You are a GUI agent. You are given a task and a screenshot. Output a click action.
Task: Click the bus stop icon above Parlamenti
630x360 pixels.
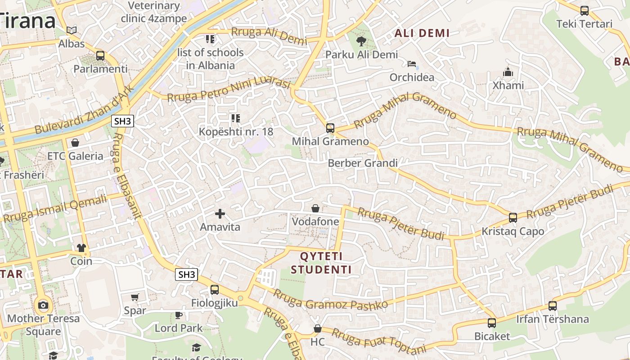coord(100,56)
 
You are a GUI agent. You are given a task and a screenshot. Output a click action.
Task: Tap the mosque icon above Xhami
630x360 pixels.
coord(508,72)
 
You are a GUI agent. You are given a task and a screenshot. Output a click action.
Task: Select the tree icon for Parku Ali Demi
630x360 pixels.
coord(361,41)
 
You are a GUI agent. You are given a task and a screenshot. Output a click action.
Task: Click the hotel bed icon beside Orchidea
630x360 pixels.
coord(412,63)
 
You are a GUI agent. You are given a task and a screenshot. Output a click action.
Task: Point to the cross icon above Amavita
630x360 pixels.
coord(220,213)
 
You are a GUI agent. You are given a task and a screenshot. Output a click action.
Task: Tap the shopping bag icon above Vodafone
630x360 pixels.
coord(315,208)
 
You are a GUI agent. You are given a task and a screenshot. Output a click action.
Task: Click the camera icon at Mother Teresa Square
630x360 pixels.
coord(43,306)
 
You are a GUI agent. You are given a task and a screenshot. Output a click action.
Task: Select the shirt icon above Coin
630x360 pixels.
coord(81,247)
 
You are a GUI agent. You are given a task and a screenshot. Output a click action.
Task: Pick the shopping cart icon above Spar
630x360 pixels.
coord(135,297)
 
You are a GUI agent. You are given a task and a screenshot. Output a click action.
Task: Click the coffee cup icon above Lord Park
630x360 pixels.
coord(179,315)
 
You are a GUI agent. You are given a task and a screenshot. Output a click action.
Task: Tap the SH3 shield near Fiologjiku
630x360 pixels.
coord(187,274)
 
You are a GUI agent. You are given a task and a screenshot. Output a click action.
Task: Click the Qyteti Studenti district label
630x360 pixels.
coord(321,263)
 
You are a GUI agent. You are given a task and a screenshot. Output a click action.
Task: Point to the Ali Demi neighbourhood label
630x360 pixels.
coord(422,33)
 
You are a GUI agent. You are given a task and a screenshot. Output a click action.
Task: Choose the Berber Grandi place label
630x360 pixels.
coord(363,163)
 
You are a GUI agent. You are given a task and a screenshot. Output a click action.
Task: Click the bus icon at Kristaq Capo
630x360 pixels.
coord(513,218)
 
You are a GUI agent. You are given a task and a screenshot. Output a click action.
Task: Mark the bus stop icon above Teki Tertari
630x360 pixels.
coord(584,11)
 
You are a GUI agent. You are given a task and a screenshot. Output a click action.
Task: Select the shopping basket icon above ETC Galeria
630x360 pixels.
coord(75,143)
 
